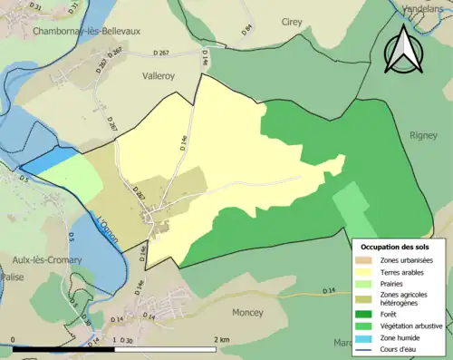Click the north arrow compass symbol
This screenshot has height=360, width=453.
click(x=403, y=50)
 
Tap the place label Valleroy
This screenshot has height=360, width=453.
click(x=164, y=78)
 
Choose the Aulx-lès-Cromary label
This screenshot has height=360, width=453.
click(x=41, y=260)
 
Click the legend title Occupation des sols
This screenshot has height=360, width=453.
click(x=398, y=246)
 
